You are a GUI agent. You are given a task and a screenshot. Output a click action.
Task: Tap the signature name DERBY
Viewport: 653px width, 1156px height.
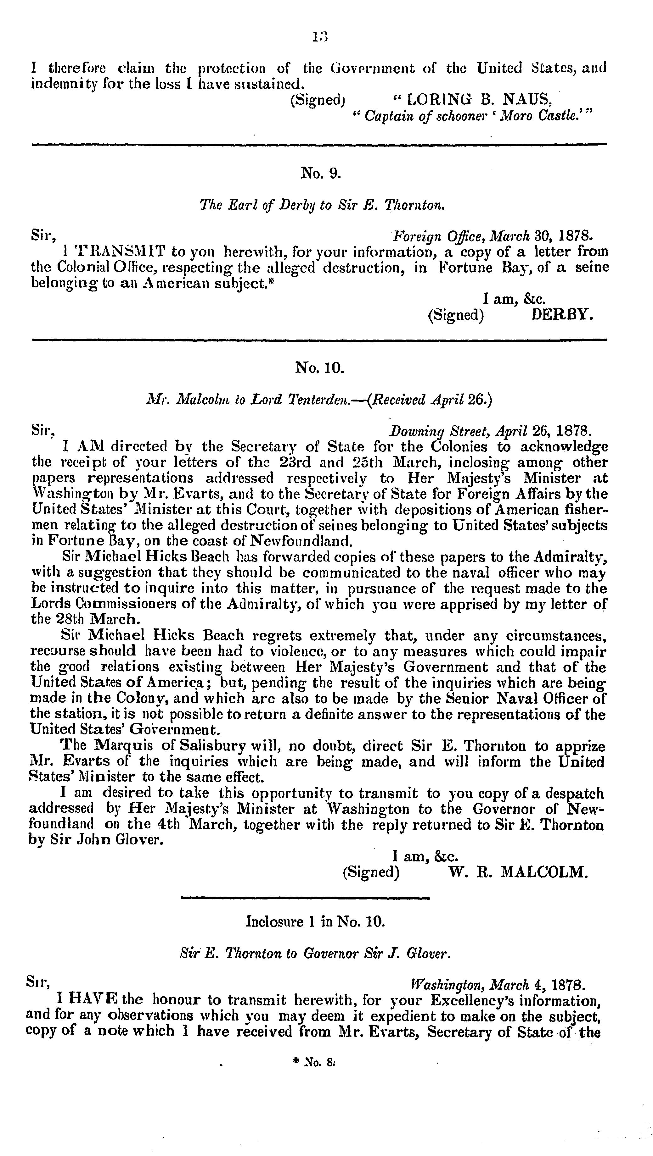[x=563, y=315]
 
